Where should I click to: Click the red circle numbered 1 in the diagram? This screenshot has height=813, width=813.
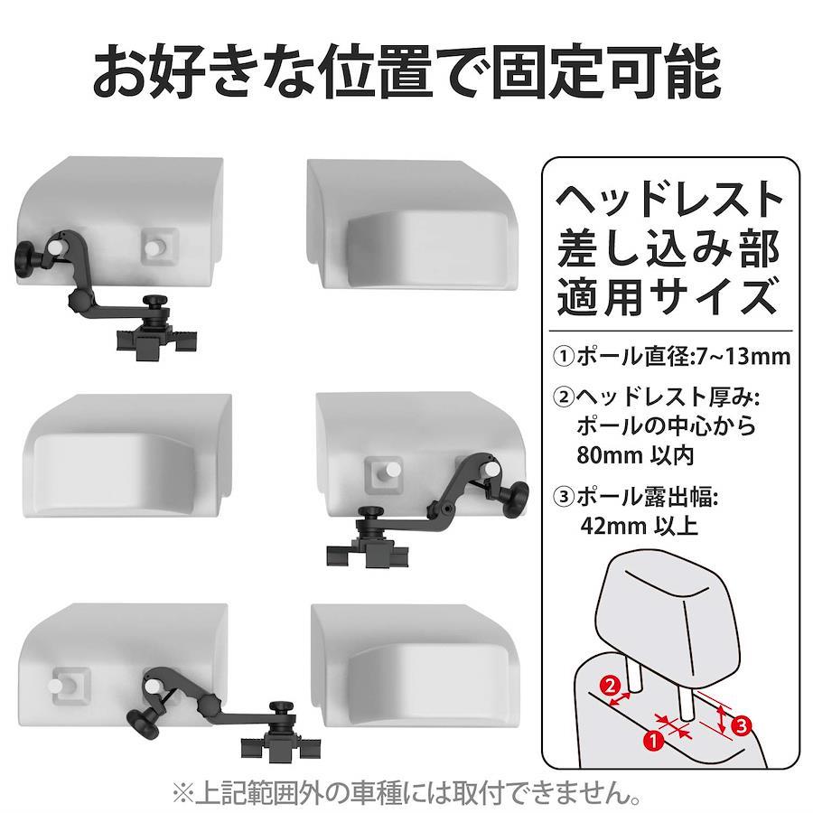(654, 739)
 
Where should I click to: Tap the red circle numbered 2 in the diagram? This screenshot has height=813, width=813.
(611, 687)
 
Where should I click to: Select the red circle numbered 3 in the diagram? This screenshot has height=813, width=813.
(742, 724)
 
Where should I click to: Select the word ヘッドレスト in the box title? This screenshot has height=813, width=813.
(668, 200)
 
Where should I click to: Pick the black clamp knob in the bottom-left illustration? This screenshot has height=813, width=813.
(143, 723)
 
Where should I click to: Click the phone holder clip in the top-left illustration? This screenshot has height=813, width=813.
(156, 341)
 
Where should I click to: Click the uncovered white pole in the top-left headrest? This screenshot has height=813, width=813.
(154, 248)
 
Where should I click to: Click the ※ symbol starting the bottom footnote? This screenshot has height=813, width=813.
(182, 792)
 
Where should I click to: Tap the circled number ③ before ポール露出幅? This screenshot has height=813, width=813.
(563, 497)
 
